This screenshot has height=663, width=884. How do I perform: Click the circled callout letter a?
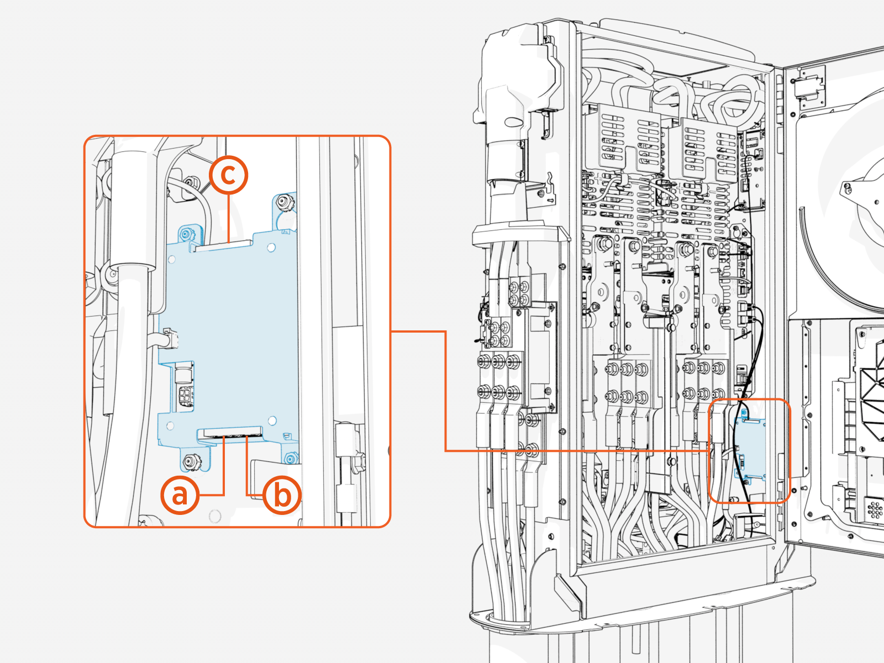(180, 494)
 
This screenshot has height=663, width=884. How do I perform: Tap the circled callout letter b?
(282, 494)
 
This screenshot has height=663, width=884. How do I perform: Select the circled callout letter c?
(228, 175)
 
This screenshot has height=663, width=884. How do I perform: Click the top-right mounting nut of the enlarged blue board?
(285, 203)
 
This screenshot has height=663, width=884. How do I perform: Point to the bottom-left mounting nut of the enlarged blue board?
(191, 461)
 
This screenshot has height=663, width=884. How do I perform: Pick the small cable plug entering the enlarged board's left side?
(171, 338)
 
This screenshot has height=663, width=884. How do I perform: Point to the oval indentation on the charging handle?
(512, 122)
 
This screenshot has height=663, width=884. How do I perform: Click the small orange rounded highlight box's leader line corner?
(445, 332)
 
